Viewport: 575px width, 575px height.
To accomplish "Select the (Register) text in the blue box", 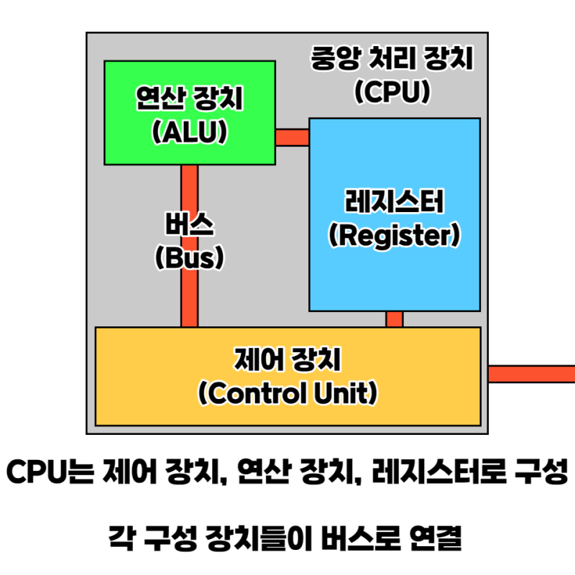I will tap(394, 235).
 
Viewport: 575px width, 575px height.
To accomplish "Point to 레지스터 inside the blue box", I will tap(394, 203).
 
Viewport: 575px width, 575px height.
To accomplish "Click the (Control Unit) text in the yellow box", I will tap(287, 393).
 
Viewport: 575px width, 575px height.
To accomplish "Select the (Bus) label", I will tap(189, 257).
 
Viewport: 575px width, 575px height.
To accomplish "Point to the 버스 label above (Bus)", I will tap(189, 225).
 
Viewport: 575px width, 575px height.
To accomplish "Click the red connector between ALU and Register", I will tap(292, 137).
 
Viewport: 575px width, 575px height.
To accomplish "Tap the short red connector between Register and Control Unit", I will tap(395, 318).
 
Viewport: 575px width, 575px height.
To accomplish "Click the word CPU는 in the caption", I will tap(51, 473).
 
